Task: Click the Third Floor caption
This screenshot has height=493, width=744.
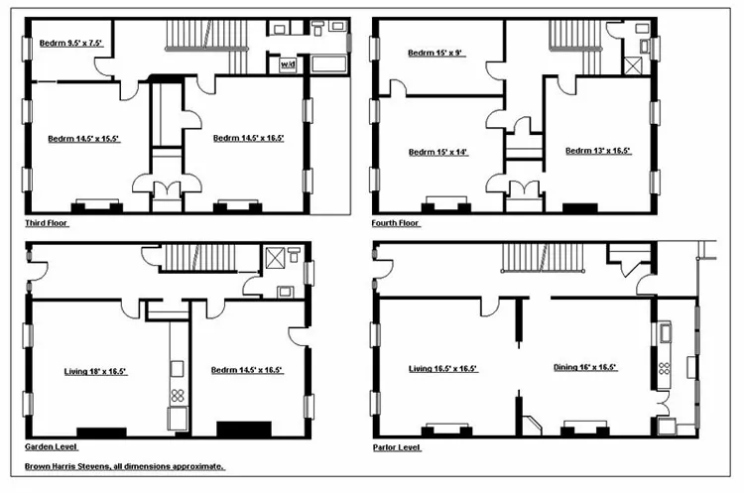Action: (x=47, y=224)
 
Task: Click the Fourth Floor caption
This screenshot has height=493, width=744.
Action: (x=396, y=224)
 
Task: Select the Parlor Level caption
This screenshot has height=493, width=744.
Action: (x=396, y=447)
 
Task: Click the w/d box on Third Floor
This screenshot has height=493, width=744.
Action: (x=288, y=64)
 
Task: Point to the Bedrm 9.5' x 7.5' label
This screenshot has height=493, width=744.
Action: (x=70, y=43)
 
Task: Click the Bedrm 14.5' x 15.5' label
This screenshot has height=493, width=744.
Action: (x=83, y=139)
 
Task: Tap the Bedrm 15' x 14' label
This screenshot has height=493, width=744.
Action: (x=437, y=152)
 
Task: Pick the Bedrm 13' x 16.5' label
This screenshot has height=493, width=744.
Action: (x=598, y=151)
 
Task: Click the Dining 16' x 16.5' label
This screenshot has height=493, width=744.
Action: (x=585, y=367)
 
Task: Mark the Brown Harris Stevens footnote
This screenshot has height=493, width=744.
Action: (x=125, y=466)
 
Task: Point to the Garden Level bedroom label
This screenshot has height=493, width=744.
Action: (x=247, y=370)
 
